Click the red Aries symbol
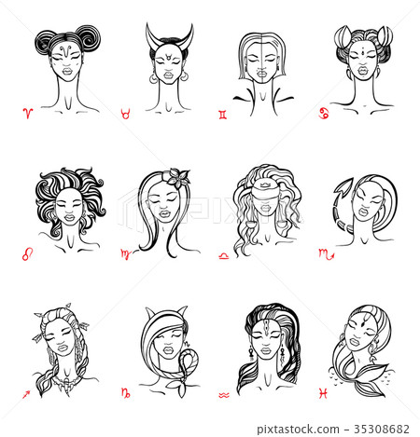tap(27, 114)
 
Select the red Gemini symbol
tap(221, 114)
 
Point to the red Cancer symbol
tap(324, 114)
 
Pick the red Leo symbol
tap(26, 253)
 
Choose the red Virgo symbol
tap(124, 253)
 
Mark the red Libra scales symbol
tap(223, 253)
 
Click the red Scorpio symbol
tap(324, 253)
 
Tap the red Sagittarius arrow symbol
tap(26, 396)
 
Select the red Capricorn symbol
tap(125, 396)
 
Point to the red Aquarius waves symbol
tap(224, 396)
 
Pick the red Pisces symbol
tap(324, 396)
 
